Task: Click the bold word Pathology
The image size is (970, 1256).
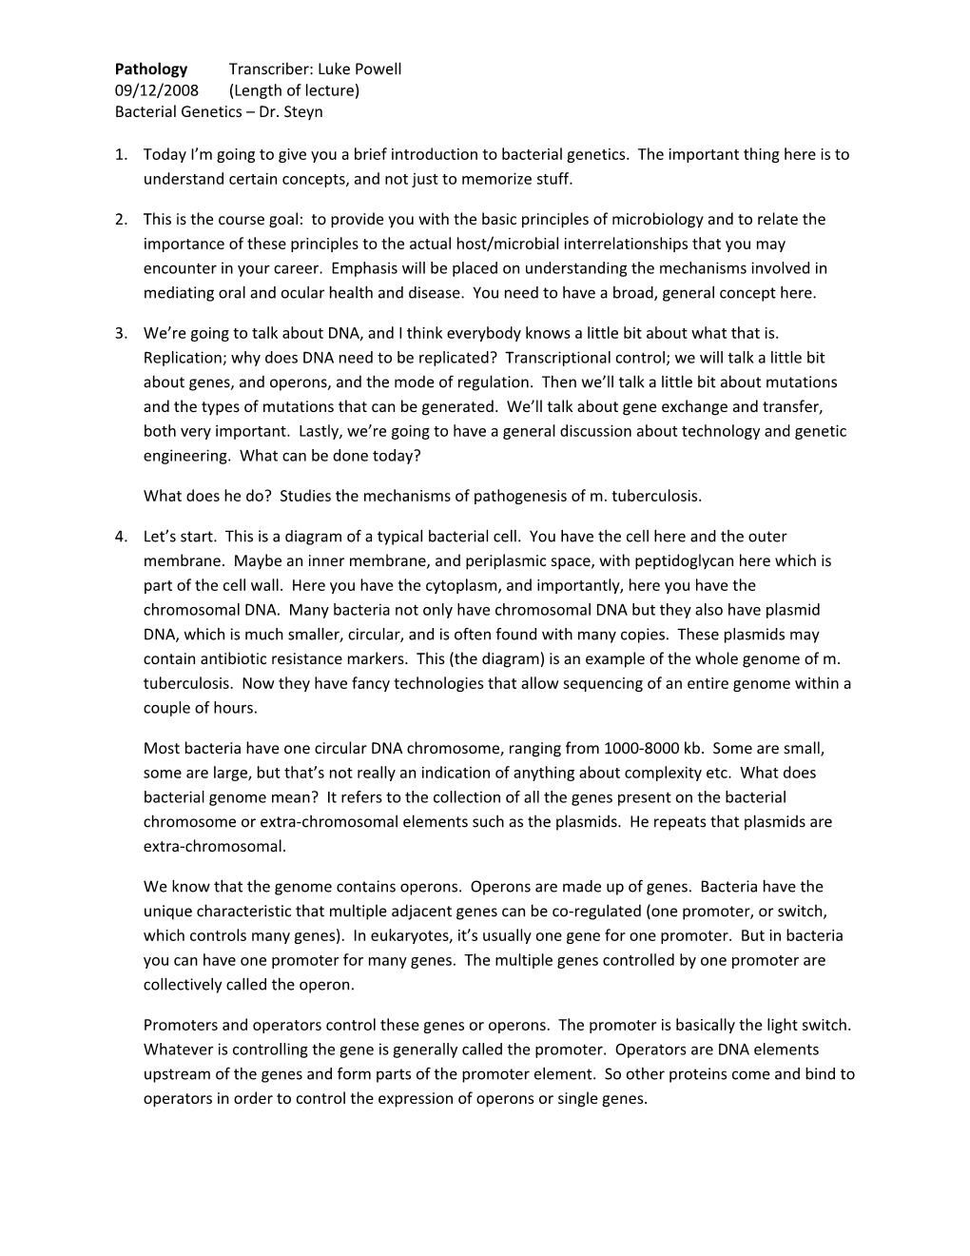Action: pyautogui.click(x=151, y=69)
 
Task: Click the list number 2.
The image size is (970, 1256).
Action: pyautogui.click(x=121, y=219)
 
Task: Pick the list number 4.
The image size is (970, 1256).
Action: pyautogui.click(x=121, y=536)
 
